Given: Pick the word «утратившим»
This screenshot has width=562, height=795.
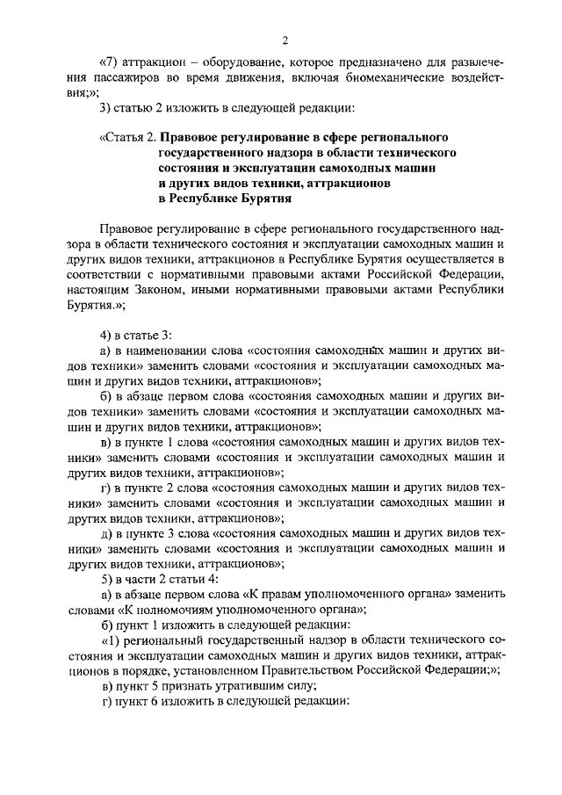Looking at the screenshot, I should [242, 684].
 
